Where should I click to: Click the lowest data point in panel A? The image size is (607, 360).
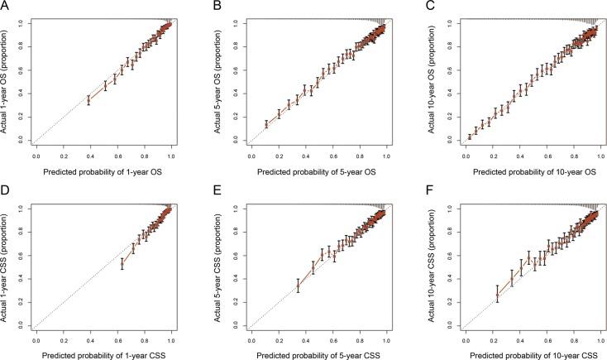[88, 99]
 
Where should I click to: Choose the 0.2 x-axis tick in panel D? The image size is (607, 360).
[63, 340]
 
